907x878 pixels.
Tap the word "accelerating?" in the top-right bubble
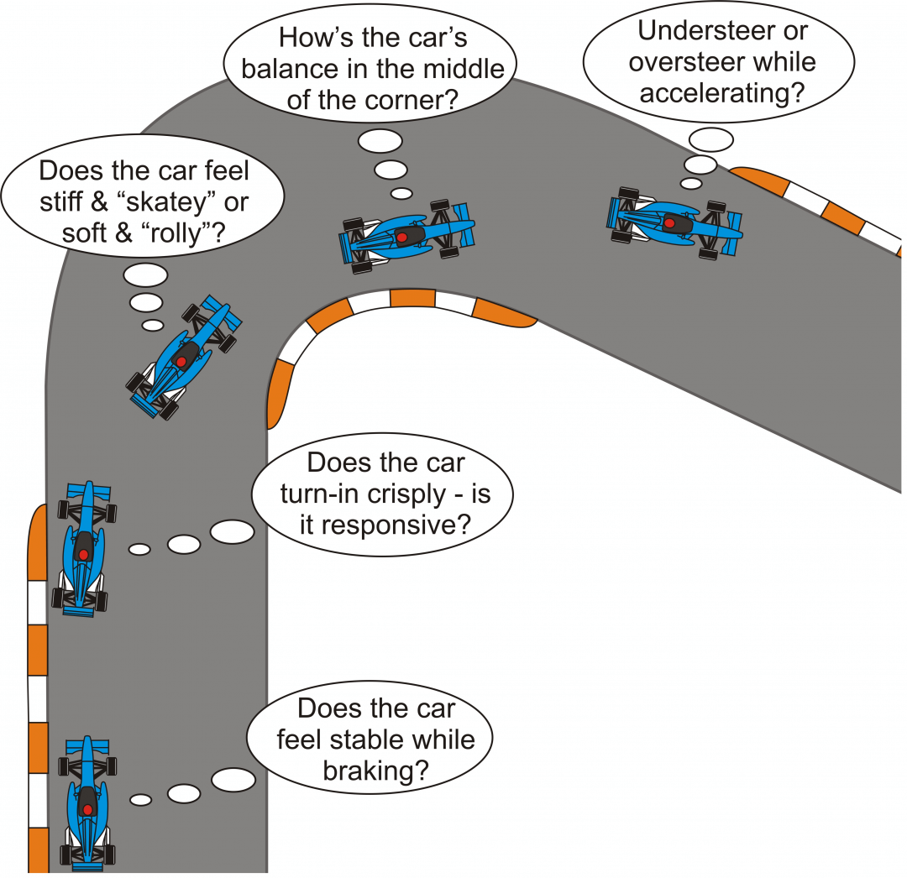[x=721, y=92]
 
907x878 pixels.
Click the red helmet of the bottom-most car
[x=87, y=811]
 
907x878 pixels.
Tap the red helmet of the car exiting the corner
[x=669, y=223]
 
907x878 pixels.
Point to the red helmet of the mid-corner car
[x=401, y=238]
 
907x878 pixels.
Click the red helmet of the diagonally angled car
[x=180, y=362]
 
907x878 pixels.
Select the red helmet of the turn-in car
[x=83, y=555]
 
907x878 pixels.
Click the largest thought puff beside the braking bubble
[x=233, y=779]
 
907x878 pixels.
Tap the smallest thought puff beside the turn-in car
[x=139, y=549]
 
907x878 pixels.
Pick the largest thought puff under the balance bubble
[x=380, y=141]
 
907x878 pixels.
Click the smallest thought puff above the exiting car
[x=690, y=182]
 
